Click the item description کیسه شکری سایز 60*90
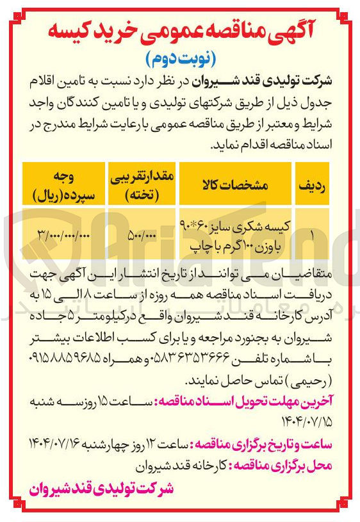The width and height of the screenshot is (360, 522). click(x=236, y=226)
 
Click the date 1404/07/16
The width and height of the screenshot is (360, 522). click(x=61, y=443)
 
